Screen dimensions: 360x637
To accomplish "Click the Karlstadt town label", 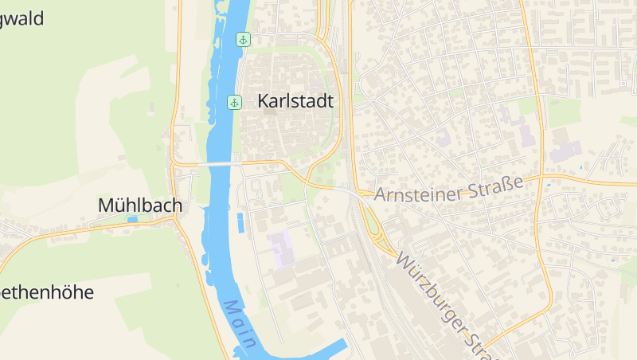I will coord(295,102).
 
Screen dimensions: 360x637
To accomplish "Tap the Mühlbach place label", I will coord(140,205).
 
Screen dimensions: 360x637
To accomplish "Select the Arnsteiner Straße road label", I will coord(448,189).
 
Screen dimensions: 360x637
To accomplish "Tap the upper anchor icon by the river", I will coord(243,39).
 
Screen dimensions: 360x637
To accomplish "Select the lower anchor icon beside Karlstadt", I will coord(234,102).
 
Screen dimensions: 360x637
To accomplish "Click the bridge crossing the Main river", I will coord(219,163).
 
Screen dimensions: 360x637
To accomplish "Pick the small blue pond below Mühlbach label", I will coord(132,219).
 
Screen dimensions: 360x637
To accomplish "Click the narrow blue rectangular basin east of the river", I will coord(240,222).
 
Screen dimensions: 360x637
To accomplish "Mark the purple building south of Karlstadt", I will coord(283,248).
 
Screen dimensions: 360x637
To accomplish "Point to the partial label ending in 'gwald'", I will coord(21,19).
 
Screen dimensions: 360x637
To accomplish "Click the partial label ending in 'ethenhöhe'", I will coord(46,292).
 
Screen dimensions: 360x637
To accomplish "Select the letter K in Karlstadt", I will coord(264,102).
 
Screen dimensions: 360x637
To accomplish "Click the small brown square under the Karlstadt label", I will coord(269,112).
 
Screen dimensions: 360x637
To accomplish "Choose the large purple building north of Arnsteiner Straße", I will coord(565,151).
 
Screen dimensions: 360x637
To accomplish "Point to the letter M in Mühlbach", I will coord(105,205).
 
